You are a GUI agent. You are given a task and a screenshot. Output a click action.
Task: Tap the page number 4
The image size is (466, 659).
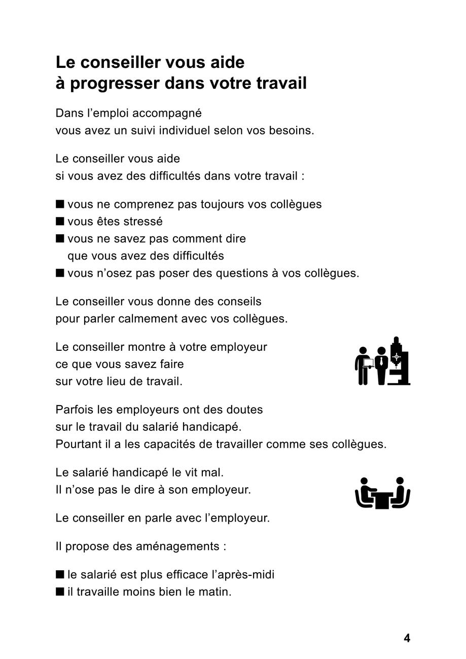coord(407,638)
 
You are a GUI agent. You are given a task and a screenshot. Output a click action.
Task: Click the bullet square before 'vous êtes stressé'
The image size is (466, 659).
coord(60,222)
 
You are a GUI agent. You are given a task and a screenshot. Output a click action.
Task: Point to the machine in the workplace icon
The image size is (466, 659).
coord(399,361)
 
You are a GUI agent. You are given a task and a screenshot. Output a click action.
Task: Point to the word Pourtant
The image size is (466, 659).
coord(78,444)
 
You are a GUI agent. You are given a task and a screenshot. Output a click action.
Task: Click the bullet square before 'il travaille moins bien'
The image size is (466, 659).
coord(60,592)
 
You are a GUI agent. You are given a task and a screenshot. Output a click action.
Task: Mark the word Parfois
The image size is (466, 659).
coord(73,410)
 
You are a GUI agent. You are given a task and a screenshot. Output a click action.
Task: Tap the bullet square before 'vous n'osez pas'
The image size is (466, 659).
coord(60,273)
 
